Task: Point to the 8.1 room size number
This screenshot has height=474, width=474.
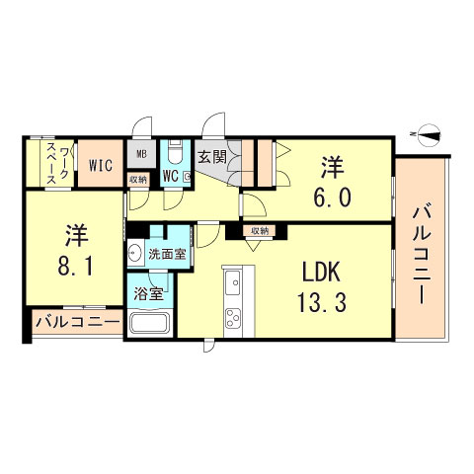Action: [76, 267]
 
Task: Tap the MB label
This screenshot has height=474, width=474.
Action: [140, 154]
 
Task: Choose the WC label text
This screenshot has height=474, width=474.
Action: [169, 178]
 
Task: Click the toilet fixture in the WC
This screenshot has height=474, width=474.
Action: [175, 155]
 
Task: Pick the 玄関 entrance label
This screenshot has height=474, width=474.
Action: [211, 156]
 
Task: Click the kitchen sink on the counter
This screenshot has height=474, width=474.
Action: [236, 287]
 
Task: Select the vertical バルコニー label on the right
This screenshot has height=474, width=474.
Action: [424, 254]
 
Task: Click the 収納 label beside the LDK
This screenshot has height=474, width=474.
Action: [259, 231]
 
